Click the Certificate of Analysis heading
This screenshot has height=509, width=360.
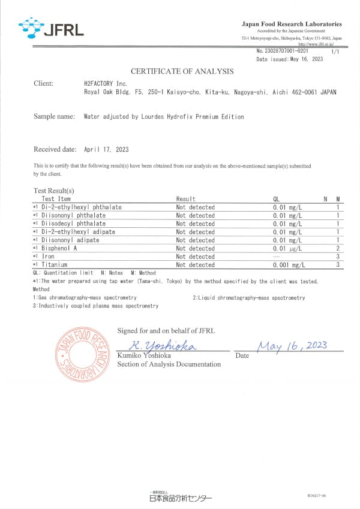[182, 71]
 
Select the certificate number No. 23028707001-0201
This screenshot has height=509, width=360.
[282, 52]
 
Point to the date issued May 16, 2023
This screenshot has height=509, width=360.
[290, 59]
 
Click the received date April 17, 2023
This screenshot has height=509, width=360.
[106, 149]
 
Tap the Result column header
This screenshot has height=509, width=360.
[186, 199]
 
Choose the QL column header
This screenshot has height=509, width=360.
[277, 199]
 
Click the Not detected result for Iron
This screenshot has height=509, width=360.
[195, 257]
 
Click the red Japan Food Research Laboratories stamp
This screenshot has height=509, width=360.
[82, 354]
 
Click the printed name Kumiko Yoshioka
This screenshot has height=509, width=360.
[144, 356]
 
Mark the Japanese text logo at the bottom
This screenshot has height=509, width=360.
[180, 497]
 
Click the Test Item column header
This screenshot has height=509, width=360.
[56, 199]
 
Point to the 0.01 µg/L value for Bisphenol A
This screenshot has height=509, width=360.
[287, 248]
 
